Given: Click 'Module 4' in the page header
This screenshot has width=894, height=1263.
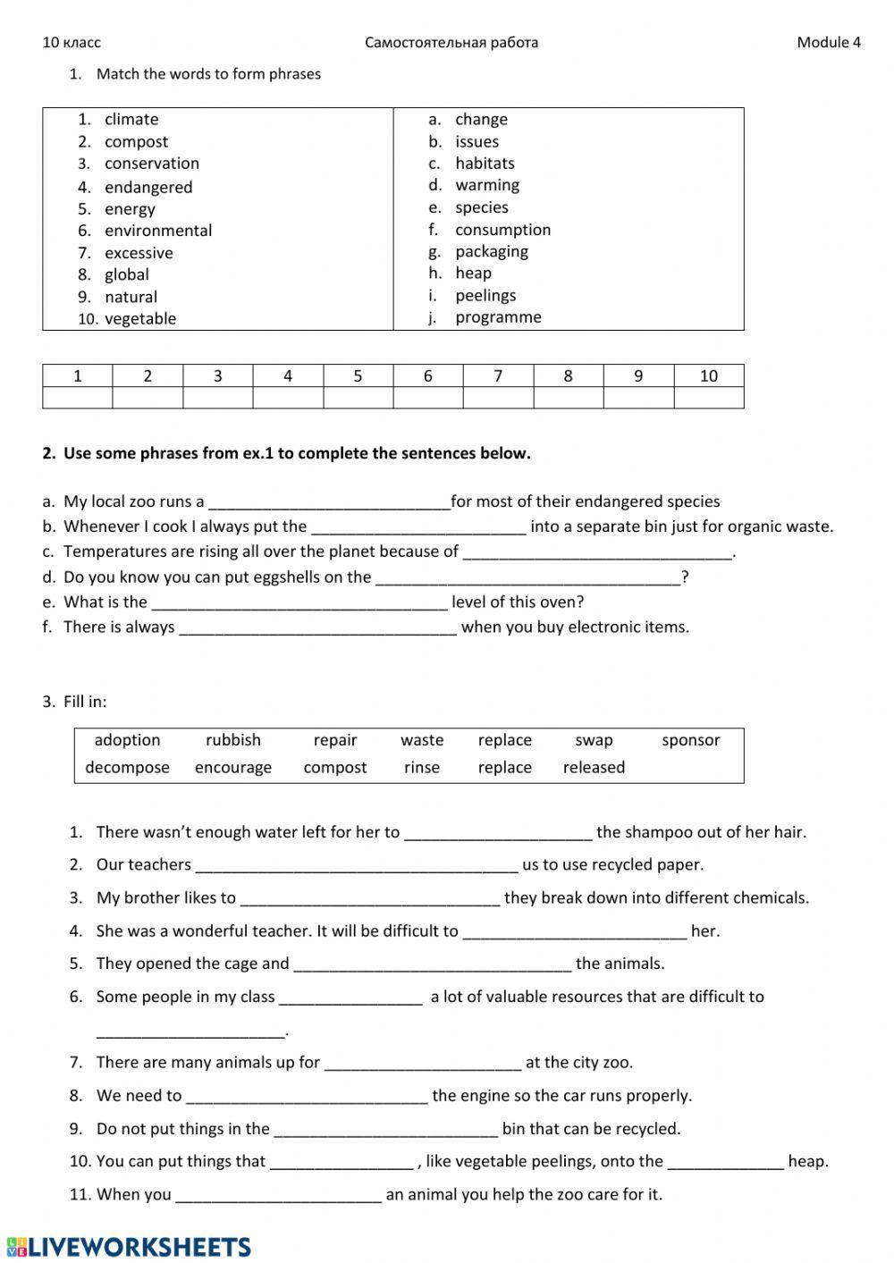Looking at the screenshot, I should (828, 42).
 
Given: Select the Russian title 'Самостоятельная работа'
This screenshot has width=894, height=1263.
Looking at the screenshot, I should (451, 42).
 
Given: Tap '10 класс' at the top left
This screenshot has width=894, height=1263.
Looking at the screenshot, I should (72, 42).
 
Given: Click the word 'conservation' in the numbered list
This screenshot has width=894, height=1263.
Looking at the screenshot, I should (152, 164).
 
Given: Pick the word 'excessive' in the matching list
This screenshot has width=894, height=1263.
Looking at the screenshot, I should (139, 253).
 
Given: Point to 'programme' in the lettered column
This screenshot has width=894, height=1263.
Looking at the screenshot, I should (498, 317).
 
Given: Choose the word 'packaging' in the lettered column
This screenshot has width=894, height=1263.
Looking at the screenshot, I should (492, 251).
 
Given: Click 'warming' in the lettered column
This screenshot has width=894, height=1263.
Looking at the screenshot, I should (487, 185).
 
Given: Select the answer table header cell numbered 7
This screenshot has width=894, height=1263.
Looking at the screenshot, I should (498, 375).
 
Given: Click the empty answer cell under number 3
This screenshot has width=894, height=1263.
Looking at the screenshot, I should (217, 398).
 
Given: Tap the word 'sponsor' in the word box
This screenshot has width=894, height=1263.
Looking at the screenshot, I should (690, 740).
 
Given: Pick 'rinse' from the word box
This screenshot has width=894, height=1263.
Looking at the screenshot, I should (422, 768).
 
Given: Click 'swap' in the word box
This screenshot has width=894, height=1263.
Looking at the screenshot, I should (594, 740).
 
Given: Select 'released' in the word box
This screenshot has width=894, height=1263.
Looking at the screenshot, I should (594, 768).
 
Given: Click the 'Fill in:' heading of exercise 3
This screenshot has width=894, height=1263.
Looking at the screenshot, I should (85, 702).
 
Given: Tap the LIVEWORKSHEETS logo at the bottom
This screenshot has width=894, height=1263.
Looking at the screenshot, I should (129, 1247).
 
